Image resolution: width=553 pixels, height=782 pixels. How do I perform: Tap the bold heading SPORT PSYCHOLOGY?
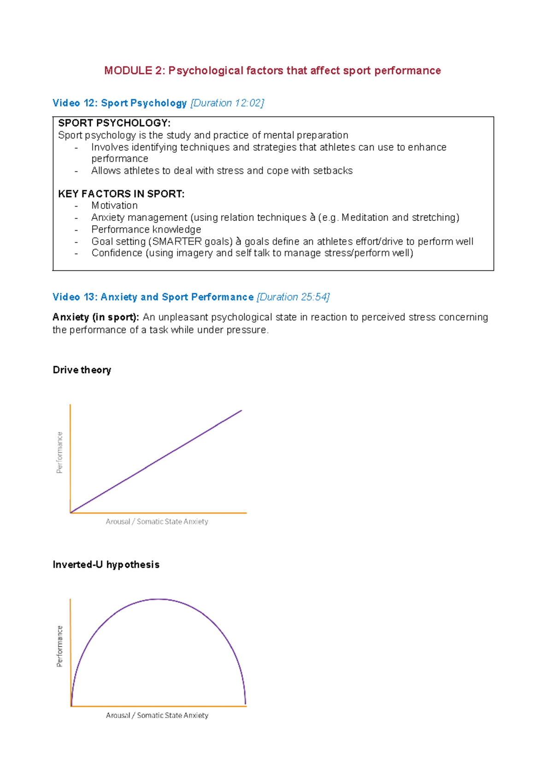(x=114, y=123)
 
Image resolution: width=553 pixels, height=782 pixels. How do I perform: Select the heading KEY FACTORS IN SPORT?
(x=121, y=194)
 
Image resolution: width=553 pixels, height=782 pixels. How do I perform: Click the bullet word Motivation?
(x=114, y=206)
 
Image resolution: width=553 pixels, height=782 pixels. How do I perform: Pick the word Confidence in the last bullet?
(x=117, y=253)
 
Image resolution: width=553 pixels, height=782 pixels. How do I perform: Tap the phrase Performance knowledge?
(x=146, y=230)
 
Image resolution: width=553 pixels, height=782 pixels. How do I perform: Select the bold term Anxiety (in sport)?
(x=96, y=317)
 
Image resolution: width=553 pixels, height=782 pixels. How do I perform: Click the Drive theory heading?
(x=82, y=370)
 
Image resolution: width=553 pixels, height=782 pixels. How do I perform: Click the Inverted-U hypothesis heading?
(x=106, y=564)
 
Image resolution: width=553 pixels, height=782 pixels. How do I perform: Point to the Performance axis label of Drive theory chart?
(x=59, y=452)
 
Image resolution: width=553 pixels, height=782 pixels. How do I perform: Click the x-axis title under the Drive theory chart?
(x=157, y=521)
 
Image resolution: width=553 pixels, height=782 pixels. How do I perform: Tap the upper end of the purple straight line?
(x=241, y=411)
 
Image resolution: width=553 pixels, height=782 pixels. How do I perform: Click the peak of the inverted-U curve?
(x=158, y=599)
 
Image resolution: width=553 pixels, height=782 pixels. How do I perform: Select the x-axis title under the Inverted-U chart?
(x=157, y=715)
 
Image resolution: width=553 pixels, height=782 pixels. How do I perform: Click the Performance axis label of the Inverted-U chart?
(x=59, y=646)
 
